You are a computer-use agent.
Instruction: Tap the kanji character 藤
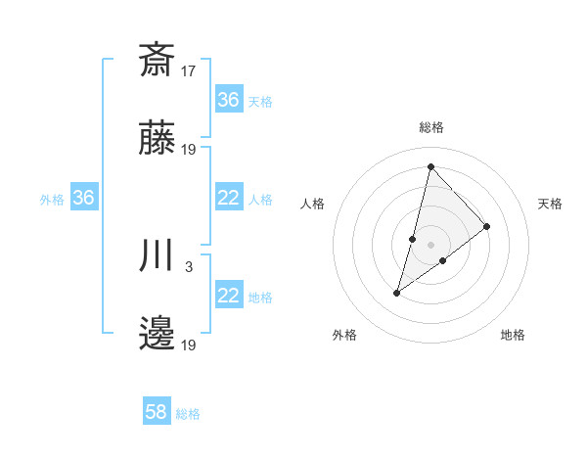coord(158,139)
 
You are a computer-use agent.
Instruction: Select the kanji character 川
coord(158,255)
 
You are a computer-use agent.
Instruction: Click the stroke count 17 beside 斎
coord(189,70)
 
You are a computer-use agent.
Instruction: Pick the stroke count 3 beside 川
coord(189,266)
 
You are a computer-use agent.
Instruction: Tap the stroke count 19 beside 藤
coord(189,150)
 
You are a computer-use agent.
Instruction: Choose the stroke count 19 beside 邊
coord(189,345)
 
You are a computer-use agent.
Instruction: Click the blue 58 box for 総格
coord(157,412)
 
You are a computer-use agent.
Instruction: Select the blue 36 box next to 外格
coord(83,198)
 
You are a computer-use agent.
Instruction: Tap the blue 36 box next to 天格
coord(228,100)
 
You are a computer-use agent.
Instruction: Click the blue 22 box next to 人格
coord(228,198)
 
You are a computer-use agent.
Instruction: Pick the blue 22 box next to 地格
coord(228,296)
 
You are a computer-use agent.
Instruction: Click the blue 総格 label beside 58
coord(188,414)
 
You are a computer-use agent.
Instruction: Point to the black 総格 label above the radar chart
coord(431,127)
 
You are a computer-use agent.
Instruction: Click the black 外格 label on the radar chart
coord(344,335)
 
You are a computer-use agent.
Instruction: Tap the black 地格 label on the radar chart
coord(513,335)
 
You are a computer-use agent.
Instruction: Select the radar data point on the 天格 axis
coord(487,226)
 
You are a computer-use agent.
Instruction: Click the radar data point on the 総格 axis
coord(430,165)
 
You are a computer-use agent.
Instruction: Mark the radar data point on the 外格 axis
coord(396,292)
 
